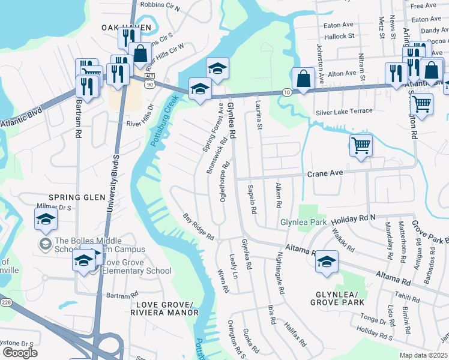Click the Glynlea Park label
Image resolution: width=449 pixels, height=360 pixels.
pyautogui.click(x=303, y=223)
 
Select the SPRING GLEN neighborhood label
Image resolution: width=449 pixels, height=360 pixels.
pyautogui.click(x=69, y=197)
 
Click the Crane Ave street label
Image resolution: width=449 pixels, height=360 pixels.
pyautogui.click(x=325, y=173)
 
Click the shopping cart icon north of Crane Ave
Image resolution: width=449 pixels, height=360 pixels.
pyautogui.click(x=361, y=145)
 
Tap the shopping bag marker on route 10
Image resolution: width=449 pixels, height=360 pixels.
pyautogui.click(x=304, y=79)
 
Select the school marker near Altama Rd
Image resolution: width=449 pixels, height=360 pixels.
pyautogui.click(x=327, y=262)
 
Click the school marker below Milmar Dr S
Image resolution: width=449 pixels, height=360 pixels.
pyautogui.click(x=46, y=218)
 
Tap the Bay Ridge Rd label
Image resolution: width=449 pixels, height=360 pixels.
pyautogui.click(x=199, y=227)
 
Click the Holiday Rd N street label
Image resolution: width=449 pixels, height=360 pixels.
pyautogui.click(x=354, y=218)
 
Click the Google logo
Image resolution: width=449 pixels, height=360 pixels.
pyautogui.click(x=20, y=352)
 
